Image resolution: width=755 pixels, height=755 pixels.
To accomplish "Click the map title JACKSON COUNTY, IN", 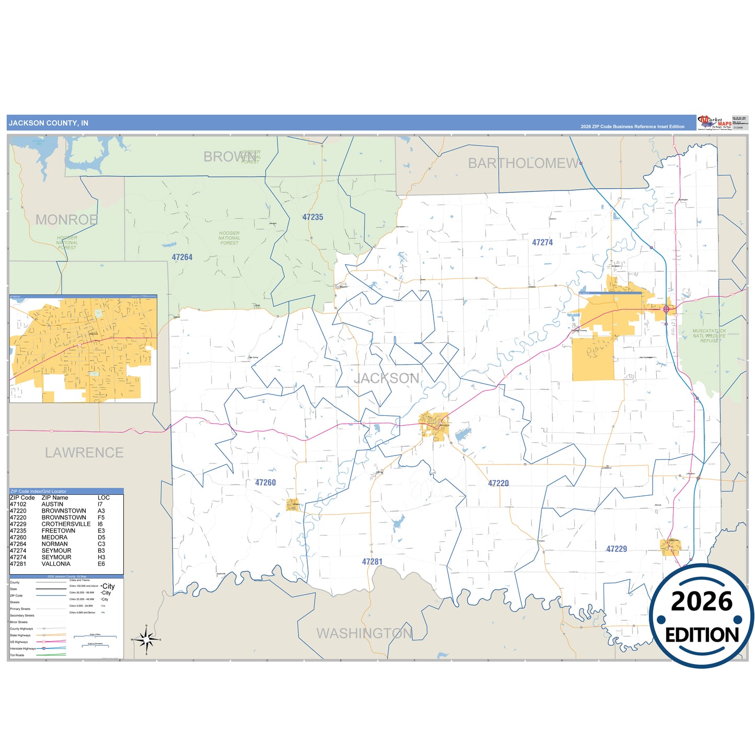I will coord(49,123).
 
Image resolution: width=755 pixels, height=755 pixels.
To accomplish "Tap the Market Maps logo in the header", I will coord(715,123).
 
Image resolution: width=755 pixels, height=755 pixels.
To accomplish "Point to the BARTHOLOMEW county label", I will coord(523,164).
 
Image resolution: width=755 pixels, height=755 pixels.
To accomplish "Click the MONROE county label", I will coord(66,220).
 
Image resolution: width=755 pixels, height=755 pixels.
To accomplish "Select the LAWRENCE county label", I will coord(84,452).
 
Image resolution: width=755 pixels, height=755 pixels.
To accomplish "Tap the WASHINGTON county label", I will coord(364,633).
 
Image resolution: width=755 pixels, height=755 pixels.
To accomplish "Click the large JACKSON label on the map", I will coord(387,378).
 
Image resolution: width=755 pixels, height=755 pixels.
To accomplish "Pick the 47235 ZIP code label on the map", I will coord(312,217).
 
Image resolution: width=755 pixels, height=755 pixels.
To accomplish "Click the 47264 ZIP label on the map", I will coord(182,258).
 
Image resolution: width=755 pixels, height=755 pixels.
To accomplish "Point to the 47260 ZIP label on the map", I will coord(265,483).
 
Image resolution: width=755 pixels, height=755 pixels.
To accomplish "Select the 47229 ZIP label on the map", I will coord(617,549).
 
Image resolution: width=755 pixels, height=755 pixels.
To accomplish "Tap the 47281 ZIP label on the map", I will coord(372,562).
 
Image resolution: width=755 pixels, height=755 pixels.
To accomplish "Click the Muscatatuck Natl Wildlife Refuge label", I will coord(709,335).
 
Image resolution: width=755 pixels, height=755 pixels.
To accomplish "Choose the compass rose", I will coord(146,639).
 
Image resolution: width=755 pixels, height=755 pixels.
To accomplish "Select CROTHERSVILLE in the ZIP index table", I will coord(66,524).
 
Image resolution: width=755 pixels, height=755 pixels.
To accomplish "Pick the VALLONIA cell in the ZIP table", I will coord(56,564).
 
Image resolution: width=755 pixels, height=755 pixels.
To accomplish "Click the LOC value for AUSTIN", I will coord(100,504).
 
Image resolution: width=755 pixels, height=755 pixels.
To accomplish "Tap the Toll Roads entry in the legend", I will coord(17,655).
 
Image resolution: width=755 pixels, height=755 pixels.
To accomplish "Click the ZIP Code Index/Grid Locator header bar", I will coord(66,491).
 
